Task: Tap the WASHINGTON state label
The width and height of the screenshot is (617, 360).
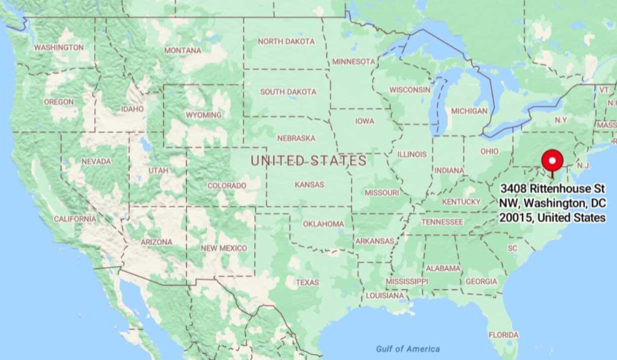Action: pyautogui.click(x=58, y=47)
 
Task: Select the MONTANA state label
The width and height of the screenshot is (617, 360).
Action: pyautogui.click(x=183, y=51)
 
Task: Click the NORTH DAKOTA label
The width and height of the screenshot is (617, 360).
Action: pyautogui.click(x=286, y=42)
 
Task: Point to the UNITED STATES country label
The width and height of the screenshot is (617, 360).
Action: pyautogui.click(x=308, y=160)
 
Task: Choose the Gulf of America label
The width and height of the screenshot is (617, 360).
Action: pyautogui.click(x=407, y=349)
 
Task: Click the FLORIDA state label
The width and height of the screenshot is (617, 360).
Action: pyautogui.click(x=503, y=335)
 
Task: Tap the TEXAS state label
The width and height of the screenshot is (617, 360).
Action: pyautogui.click(x=307, y=282)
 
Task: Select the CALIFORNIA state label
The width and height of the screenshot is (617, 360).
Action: pyautogui.click(x=75, y=219)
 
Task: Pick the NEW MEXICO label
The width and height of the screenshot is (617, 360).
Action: pyautogui.click(x=224, y=248)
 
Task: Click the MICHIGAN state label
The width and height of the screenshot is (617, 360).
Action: pyautogui.click(x=469, y=111)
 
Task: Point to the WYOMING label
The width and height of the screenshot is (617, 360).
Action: pyautogui.click(x=204, y=115)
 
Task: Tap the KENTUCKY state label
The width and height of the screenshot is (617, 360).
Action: pyautogui.click(x=462, y=201)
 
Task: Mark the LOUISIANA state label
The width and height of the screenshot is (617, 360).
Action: pyautogui.click(x=384, y=295)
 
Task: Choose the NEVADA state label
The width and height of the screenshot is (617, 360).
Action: pyautogui.click(x=96, y=162)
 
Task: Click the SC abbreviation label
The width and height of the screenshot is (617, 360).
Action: pyautogui.click(x=513, y=248)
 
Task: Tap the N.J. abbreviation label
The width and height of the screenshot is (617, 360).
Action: pyautogui.click(x=583, y=165)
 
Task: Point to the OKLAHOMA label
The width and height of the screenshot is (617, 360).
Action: pyautogui.click(x=323, y=224)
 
